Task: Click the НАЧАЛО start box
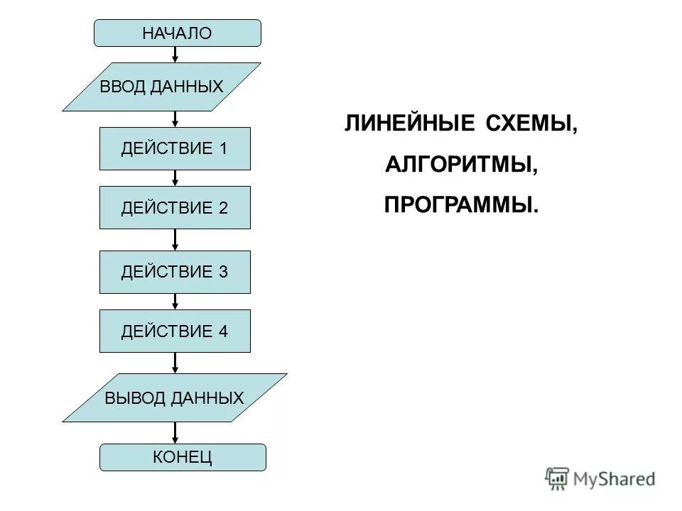[178, 33]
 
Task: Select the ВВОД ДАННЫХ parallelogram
[162, 87]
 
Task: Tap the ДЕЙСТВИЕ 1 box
[175, 148]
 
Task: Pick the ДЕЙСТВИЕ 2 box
[175, 207]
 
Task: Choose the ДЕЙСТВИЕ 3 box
[175, 272]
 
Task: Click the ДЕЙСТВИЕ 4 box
[175, 331]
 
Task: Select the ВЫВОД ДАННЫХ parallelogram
[174, 398]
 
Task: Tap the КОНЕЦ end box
[183, 457]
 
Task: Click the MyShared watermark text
[614, 479]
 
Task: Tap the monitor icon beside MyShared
[558, 478]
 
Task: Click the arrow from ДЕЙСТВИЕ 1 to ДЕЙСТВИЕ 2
[175, 178]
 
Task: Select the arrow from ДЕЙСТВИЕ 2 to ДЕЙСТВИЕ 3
[175, 240]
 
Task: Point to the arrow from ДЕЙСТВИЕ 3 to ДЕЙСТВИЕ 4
[175, 302]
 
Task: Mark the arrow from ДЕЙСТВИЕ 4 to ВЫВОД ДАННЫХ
[175, 363]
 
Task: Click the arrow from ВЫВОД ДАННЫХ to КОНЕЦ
[175, 433]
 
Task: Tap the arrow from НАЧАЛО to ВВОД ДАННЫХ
[175, 55]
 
